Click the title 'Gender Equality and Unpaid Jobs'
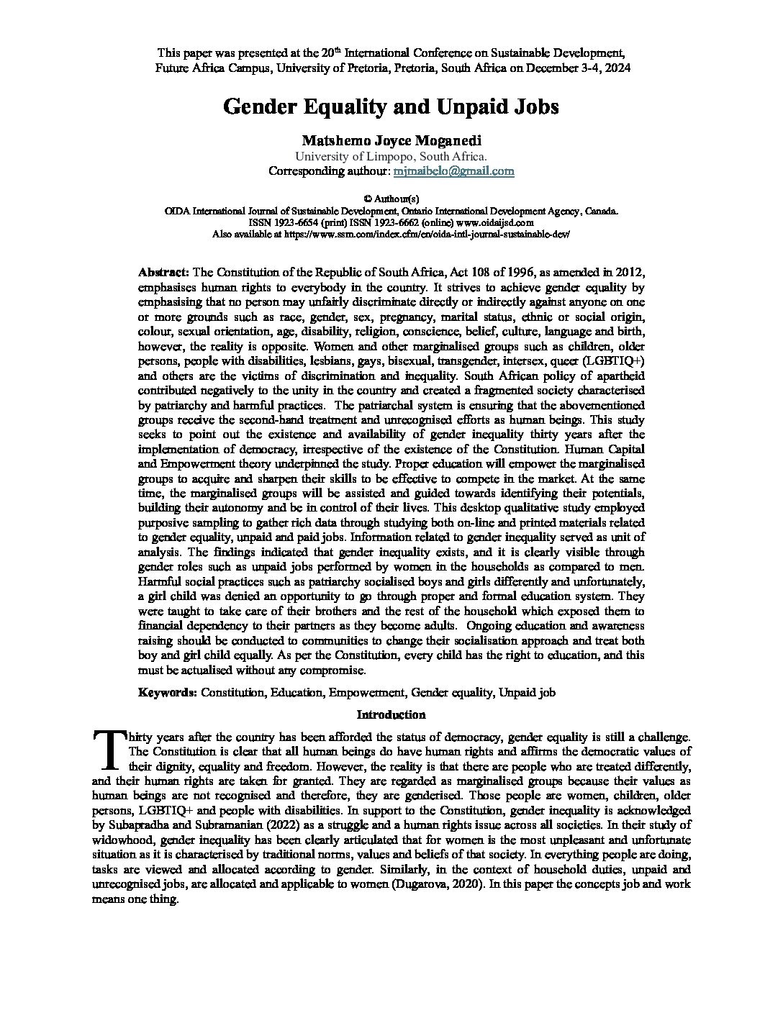(x=391, y=106)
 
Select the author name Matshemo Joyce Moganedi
(x=391, y=141)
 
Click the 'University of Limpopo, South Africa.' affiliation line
(x=391, y=156)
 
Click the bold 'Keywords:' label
(x=168, y=692)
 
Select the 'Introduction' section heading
(x=391, y=714)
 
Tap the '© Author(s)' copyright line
(x=391, y=198)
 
